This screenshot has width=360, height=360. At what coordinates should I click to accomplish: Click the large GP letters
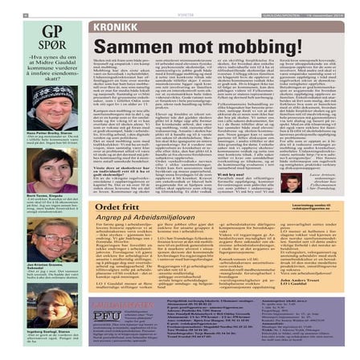point(58,33)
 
